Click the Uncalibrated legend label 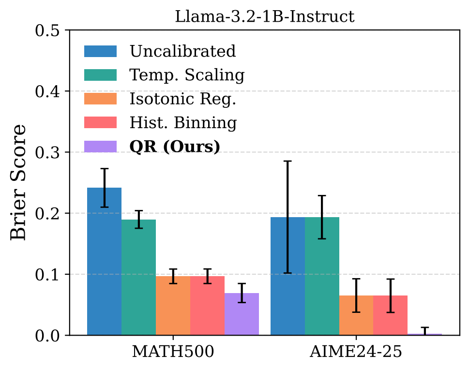click(182, 51)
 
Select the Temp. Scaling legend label click(187, 75)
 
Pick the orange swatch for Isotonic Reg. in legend click(101, 99)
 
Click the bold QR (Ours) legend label click(175, 147)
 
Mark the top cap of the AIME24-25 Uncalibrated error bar click(287, 161)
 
